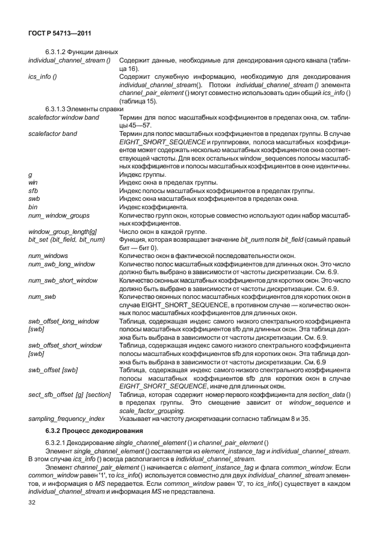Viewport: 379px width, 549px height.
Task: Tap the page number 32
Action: [33, 502]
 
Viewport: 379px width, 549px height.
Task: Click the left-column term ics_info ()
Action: [43, 77]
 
